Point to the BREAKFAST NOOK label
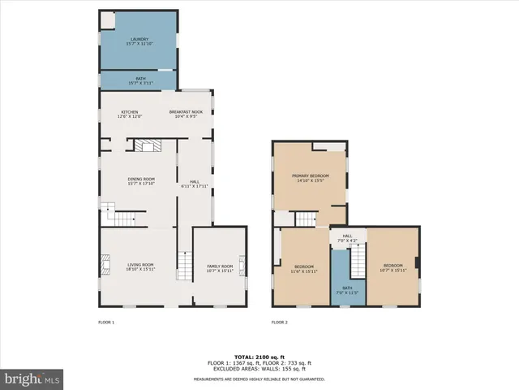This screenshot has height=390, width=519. click(186, 113)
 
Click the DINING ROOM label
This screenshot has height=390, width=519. click(140, 180)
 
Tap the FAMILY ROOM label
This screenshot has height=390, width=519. click(220, 268)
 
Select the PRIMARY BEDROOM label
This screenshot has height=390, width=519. click(311, 177)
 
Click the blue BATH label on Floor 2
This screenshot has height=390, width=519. click(347, 289)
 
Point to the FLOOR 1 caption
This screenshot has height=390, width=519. click(107, 323)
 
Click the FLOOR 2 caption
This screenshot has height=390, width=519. click(279, 323)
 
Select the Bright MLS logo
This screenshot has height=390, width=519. click(32, 379)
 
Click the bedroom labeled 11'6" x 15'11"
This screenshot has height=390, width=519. click(304, 268)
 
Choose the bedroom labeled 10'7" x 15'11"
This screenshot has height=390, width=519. click(392, 268)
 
